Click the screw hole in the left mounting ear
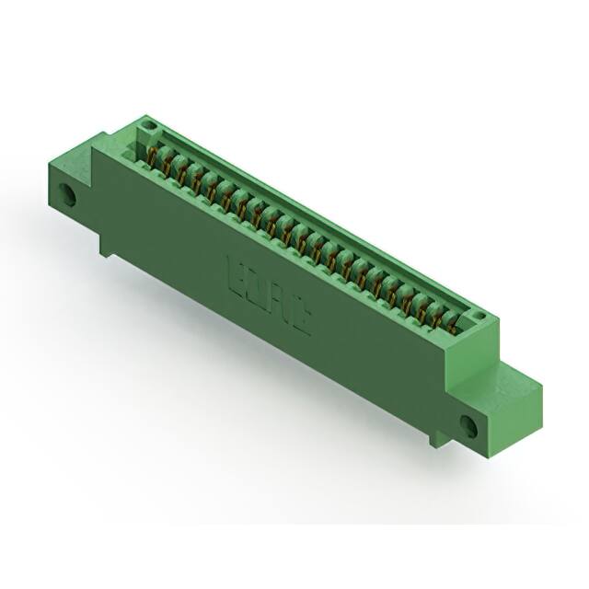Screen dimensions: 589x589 coord(67,195)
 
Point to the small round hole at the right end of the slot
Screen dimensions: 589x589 coord(477,318)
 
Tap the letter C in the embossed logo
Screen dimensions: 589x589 coord(301,317)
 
